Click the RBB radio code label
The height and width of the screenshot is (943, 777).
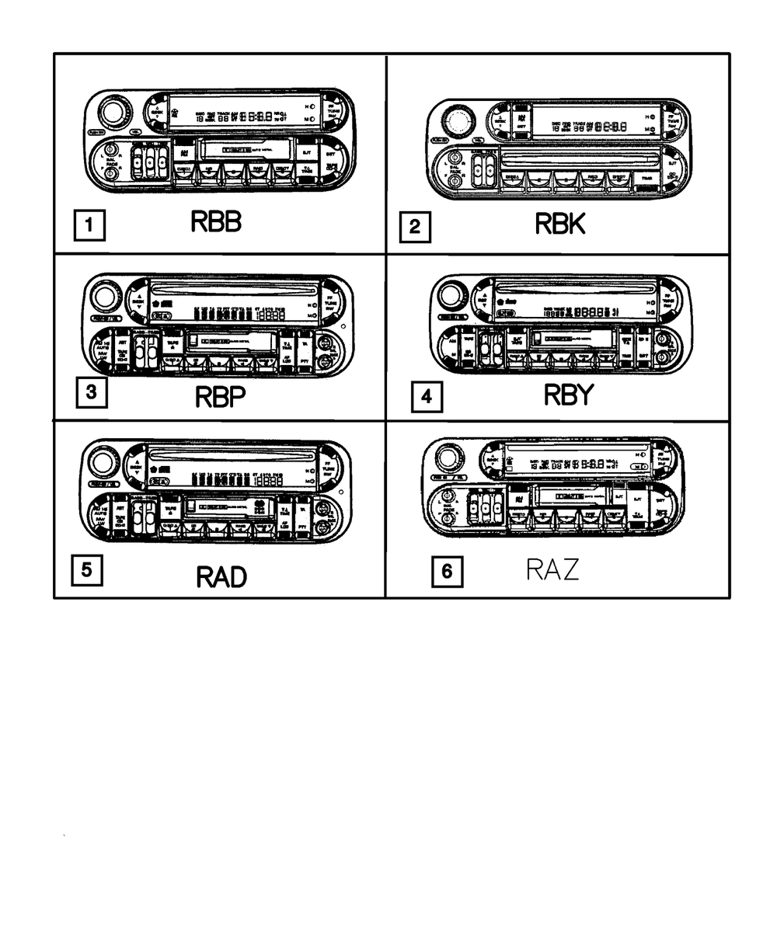click(x=216, y=222)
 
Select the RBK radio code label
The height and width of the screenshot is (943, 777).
click(x=559, y=224)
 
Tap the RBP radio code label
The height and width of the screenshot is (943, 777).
click(x=221, y=397)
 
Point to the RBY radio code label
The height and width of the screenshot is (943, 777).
click(x=568, y=395)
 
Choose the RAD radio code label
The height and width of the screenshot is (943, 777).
click(x=221, y=577)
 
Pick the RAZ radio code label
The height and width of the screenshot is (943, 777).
click(x=552, y=571)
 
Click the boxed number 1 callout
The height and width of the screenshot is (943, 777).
click(x=89, y=226)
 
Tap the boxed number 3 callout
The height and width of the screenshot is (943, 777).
click(x=91, y=392)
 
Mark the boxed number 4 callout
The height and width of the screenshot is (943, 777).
click(x=426, y=398)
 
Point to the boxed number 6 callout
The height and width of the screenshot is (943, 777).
click(x=446, y=572)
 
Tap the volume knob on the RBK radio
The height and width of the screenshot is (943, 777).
click(x=456, y=122)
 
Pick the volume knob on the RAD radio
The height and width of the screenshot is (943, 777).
click(x=102, y=464)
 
